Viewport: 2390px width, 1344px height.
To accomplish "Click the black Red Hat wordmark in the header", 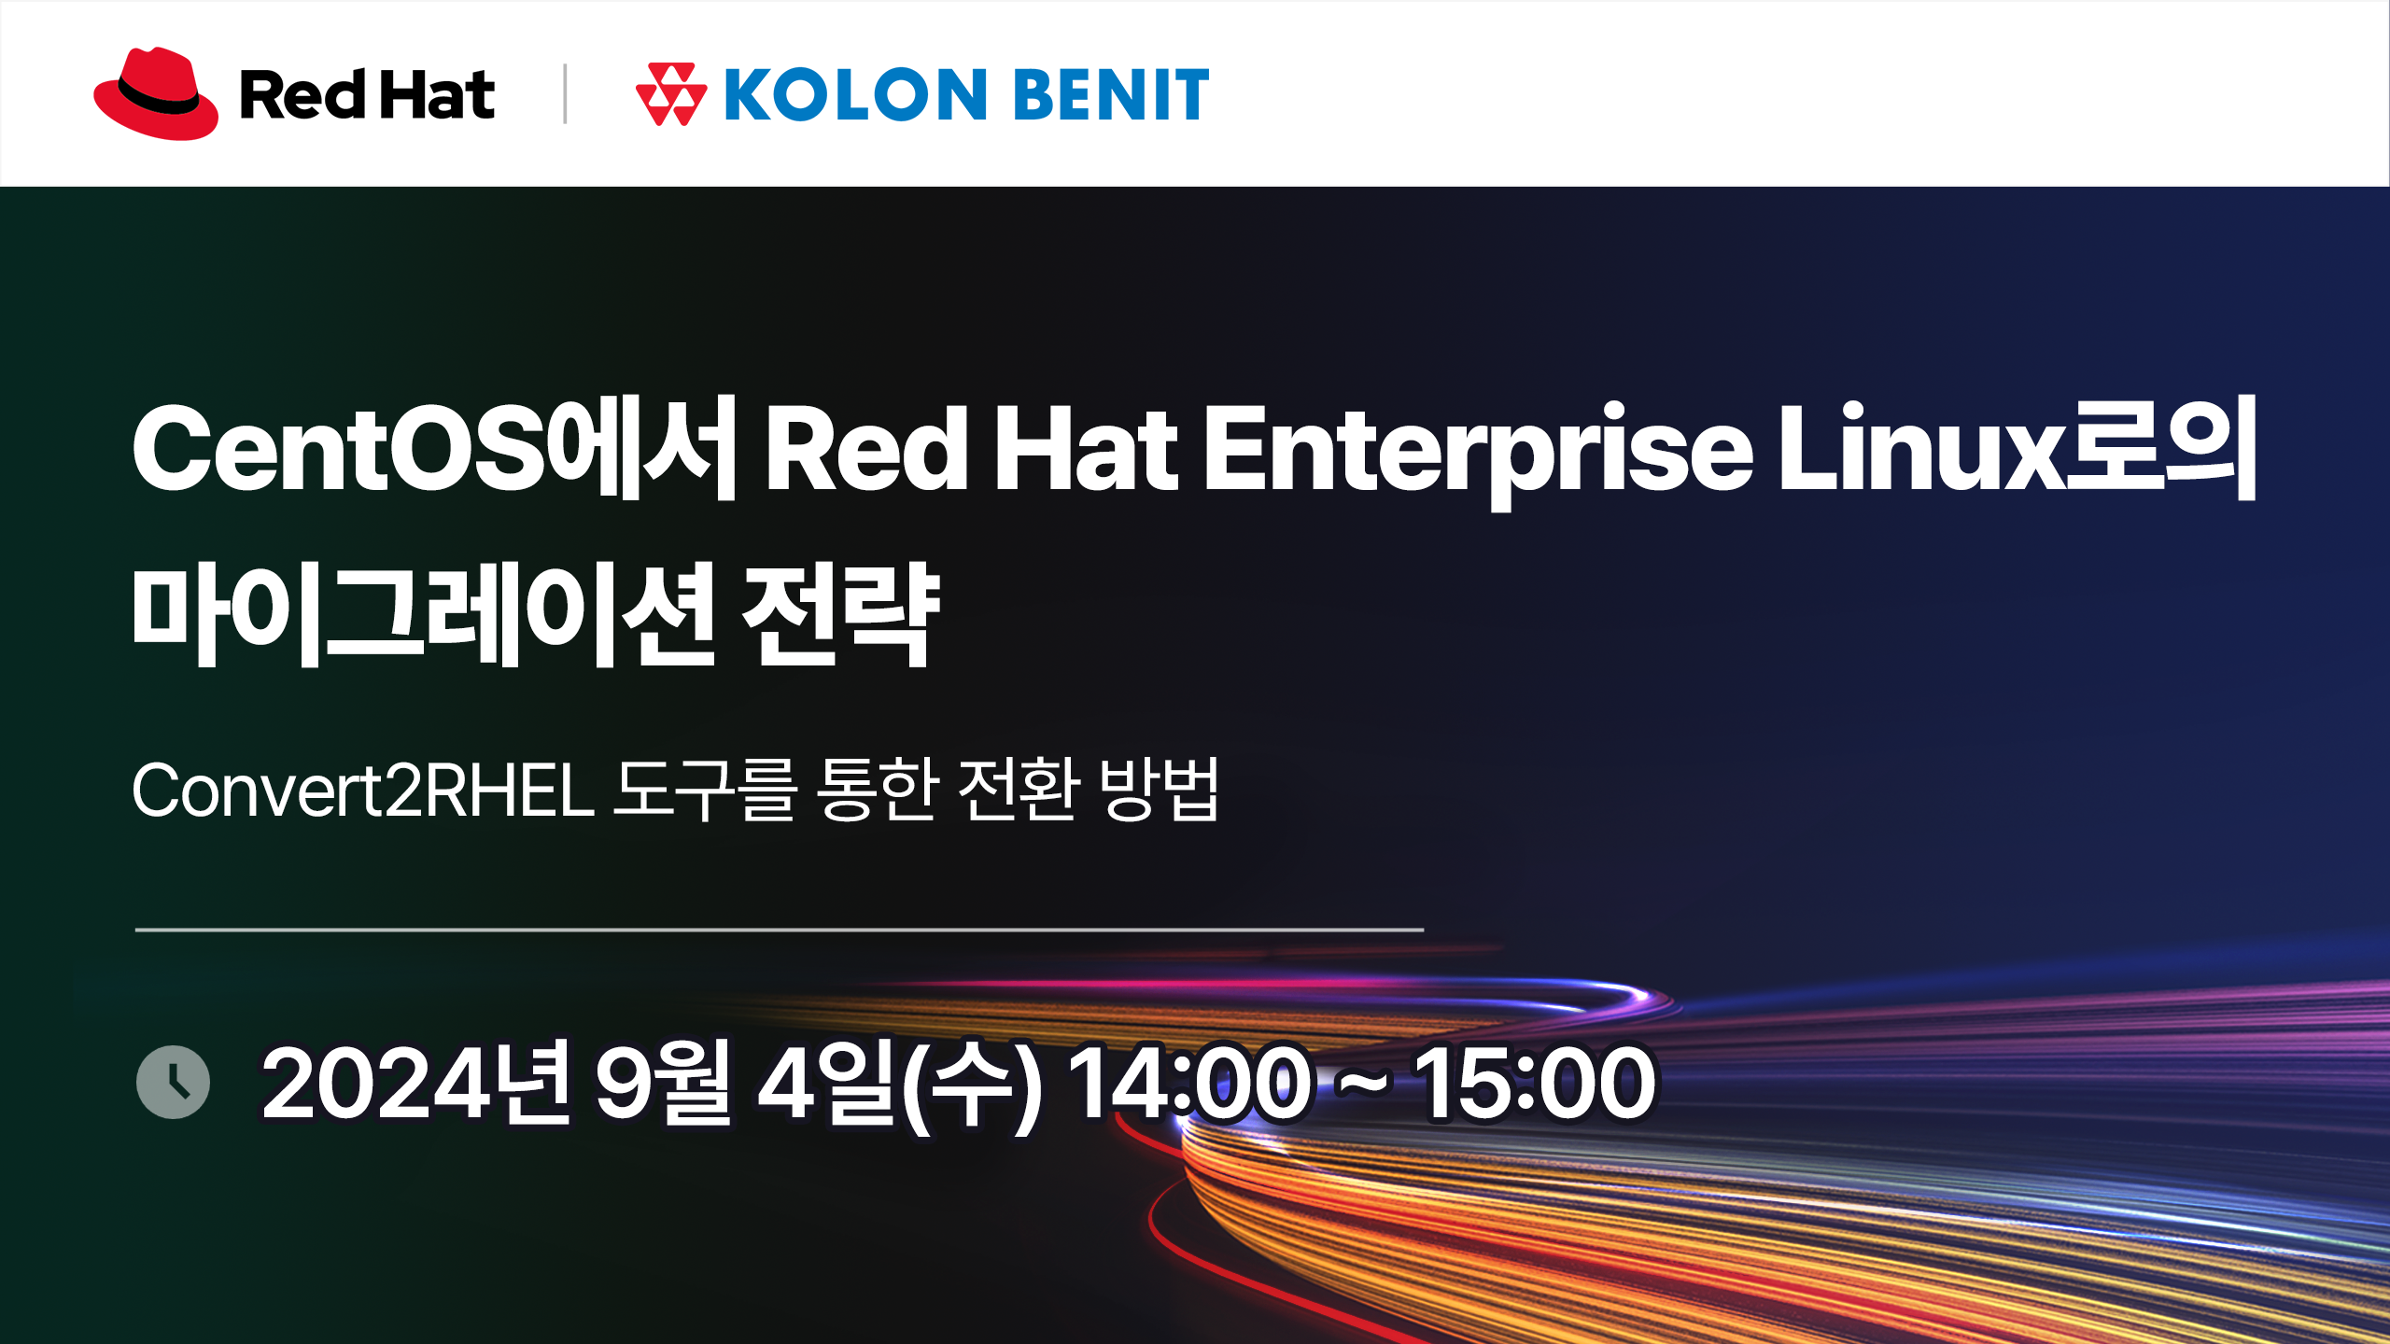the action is (367, 94).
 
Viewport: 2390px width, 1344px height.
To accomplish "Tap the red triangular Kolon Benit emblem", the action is (670, 94).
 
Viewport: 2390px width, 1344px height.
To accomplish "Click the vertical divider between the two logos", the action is (565, 93).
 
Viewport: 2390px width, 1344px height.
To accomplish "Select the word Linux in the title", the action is (1920, 447).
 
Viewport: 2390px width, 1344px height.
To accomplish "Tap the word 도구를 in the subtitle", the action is (706, 790).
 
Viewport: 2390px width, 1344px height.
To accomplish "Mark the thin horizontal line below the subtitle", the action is (780, 930).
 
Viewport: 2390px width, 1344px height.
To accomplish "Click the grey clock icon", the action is (173, 1083).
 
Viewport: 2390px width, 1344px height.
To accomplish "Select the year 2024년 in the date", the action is (416, 1083).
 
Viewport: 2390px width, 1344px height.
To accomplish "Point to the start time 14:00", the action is (1189, 1083).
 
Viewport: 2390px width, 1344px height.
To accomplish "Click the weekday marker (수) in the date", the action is (971, 1085).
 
